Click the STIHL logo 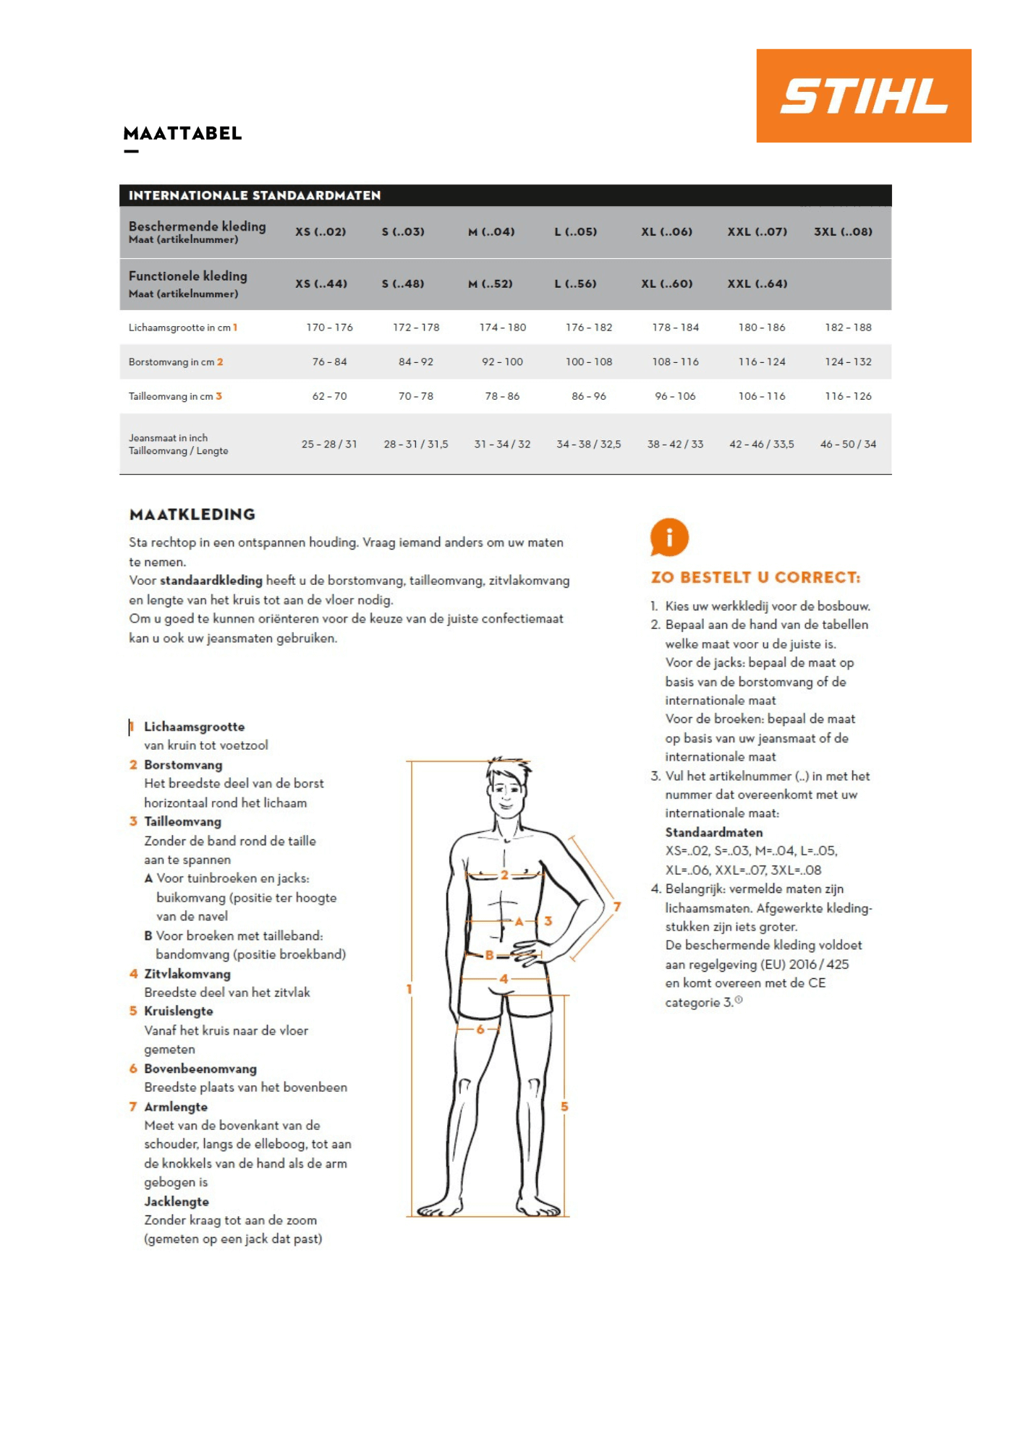[863, 95]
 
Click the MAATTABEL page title [182, 134]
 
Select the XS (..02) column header [321, 232]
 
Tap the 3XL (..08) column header [843, 232]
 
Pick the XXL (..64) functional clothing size [757, 284]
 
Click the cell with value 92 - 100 [502, 361]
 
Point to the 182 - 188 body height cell [848, 328]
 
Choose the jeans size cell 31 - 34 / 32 [502, 444]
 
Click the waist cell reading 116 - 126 [848, 396]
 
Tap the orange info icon [668, 537]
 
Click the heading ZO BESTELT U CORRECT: [755, 578]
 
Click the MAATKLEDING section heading [192, 515]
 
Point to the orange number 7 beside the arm [617, 907]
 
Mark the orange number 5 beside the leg [564, 1107]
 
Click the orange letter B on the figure [490, 955]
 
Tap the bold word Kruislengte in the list [178, 1011]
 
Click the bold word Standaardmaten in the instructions [713, 832]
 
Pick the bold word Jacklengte [177, 1202]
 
